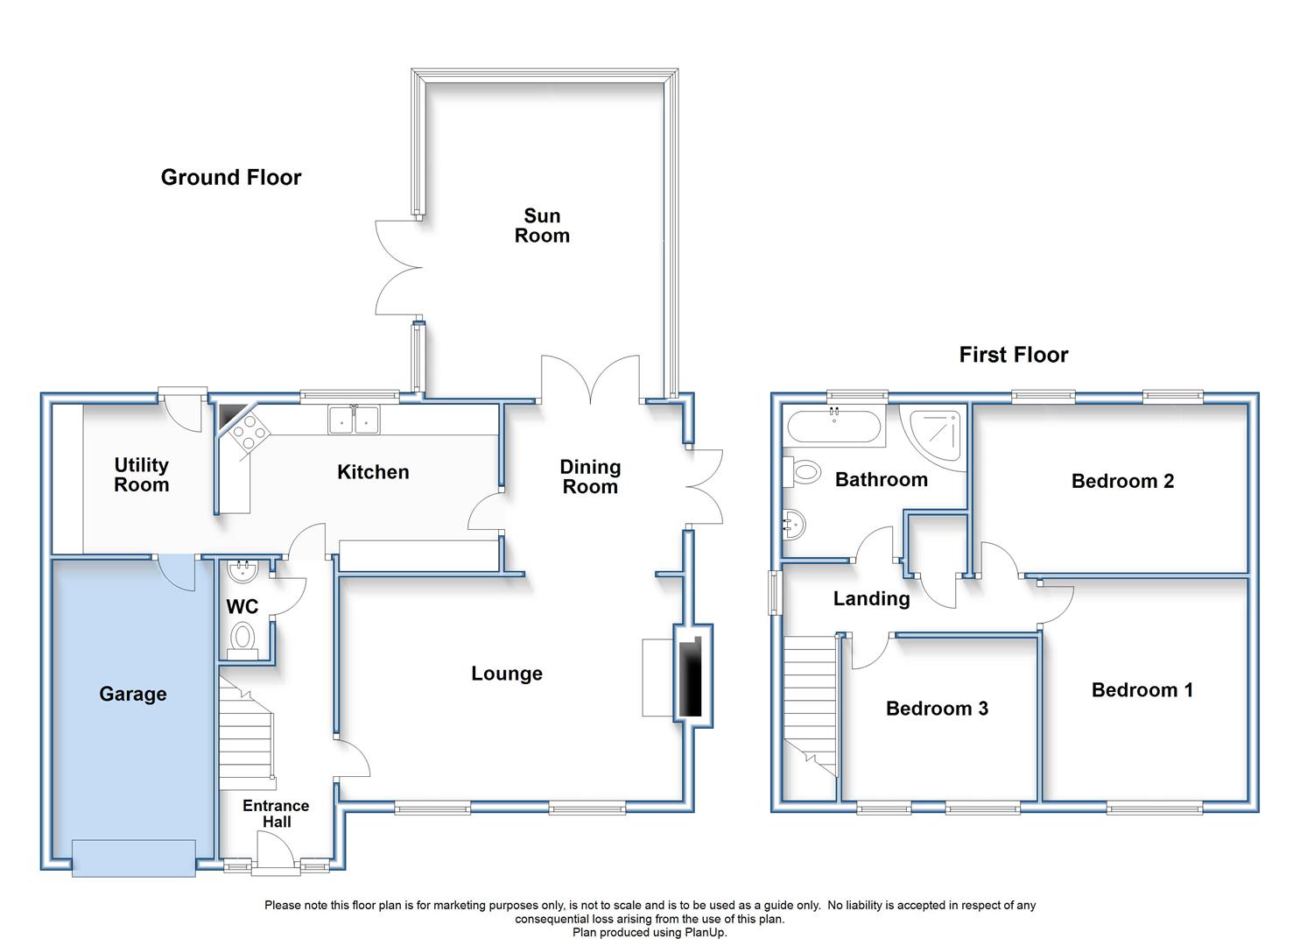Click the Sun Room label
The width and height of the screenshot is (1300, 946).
point(542,226)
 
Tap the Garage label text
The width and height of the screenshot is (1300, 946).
point(133,694)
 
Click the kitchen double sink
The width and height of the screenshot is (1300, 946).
point(354,419)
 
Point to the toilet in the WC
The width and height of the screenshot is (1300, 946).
point(242,641)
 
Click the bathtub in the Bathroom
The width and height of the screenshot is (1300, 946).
point(834,427)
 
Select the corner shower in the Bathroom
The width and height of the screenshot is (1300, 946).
point(934,436)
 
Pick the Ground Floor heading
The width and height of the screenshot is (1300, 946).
point(231,177)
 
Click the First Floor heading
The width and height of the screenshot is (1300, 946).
point(1014,355)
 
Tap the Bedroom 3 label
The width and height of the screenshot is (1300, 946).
point(937,709)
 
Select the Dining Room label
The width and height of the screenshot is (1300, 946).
point(590,477)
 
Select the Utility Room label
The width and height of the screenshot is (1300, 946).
point(141,475)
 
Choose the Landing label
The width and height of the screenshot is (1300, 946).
point(871,599)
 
